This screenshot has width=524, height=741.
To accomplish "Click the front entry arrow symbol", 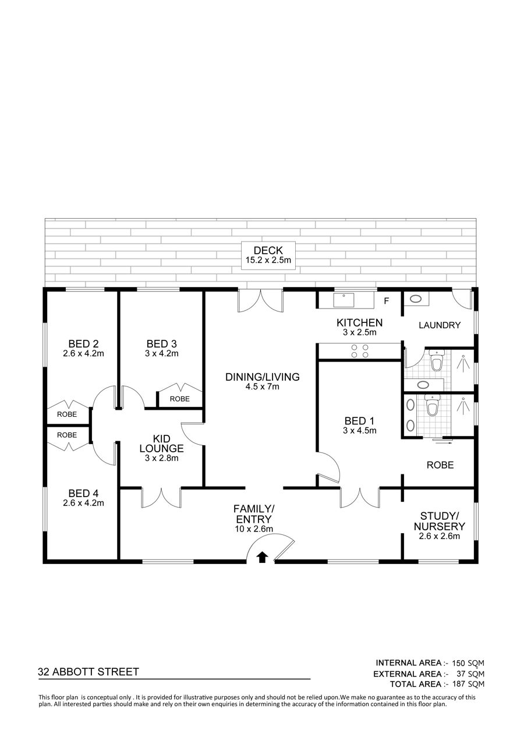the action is click(263, 558).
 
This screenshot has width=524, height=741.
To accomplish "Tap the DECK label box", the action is click(268, 256).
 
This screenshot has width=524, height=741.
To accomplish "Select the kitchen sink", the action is click(344, 300).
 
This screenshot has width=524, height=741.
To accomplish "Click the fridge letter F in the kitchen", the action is click(386, 301).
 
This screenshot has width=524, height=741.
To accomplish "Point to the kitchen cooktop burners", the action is click(360, 351).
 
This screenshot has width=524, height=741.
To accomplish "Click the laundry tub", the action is click(416, 299).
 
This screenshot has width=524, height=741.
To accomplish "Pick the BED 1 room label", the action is click(360, 421).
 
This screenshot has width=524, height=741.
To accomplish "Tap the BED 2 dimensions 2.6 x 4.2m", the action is click(83, 353).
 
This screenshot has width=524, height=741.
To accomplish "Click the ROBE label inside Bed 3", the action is click(180, 399).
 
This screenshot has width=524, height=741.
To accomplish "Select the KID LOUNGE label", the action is click(161, 444).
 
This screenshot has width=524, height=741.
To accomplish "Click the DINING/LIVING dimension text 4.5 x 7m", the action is click(263, 387).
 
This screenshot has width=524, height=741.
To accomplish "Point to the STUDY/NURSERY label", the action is click(440, 521).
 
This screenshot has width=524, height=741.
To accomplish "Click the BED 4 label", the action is click(83, 493).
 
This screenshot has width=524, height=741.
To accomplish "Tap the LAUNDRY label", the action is click(440, 325).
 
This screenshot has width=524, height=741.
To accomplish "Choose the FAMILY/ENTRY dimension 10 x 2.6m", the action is click(254, 529).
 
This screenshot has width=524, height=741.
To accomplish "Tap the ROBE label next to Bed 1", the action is click(440, 465).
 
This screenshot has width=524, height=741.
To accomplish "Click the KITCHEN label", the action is click(360, 322).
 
